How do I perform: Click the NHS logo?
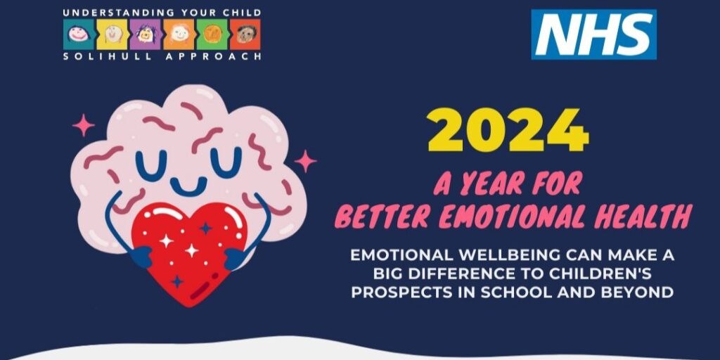(593, 34)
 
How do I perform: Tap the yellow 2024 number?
(508, 130)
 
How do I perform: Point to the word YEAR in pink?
(489, 184)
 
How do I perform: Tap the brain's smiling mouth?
(188, 185)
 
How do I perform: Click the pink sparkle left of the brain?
(84, 125)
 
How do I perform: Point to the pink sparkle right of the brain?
(305, 161)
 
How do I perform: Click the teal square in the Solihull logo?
(79, 34)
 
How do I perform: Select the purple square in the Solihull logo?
(145, 34)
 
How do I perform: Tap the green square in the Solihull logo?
(212, 34)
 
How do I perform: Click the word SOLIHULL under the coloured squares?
(104, 56)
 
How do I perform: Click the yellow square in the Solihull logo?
(112, 34)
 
